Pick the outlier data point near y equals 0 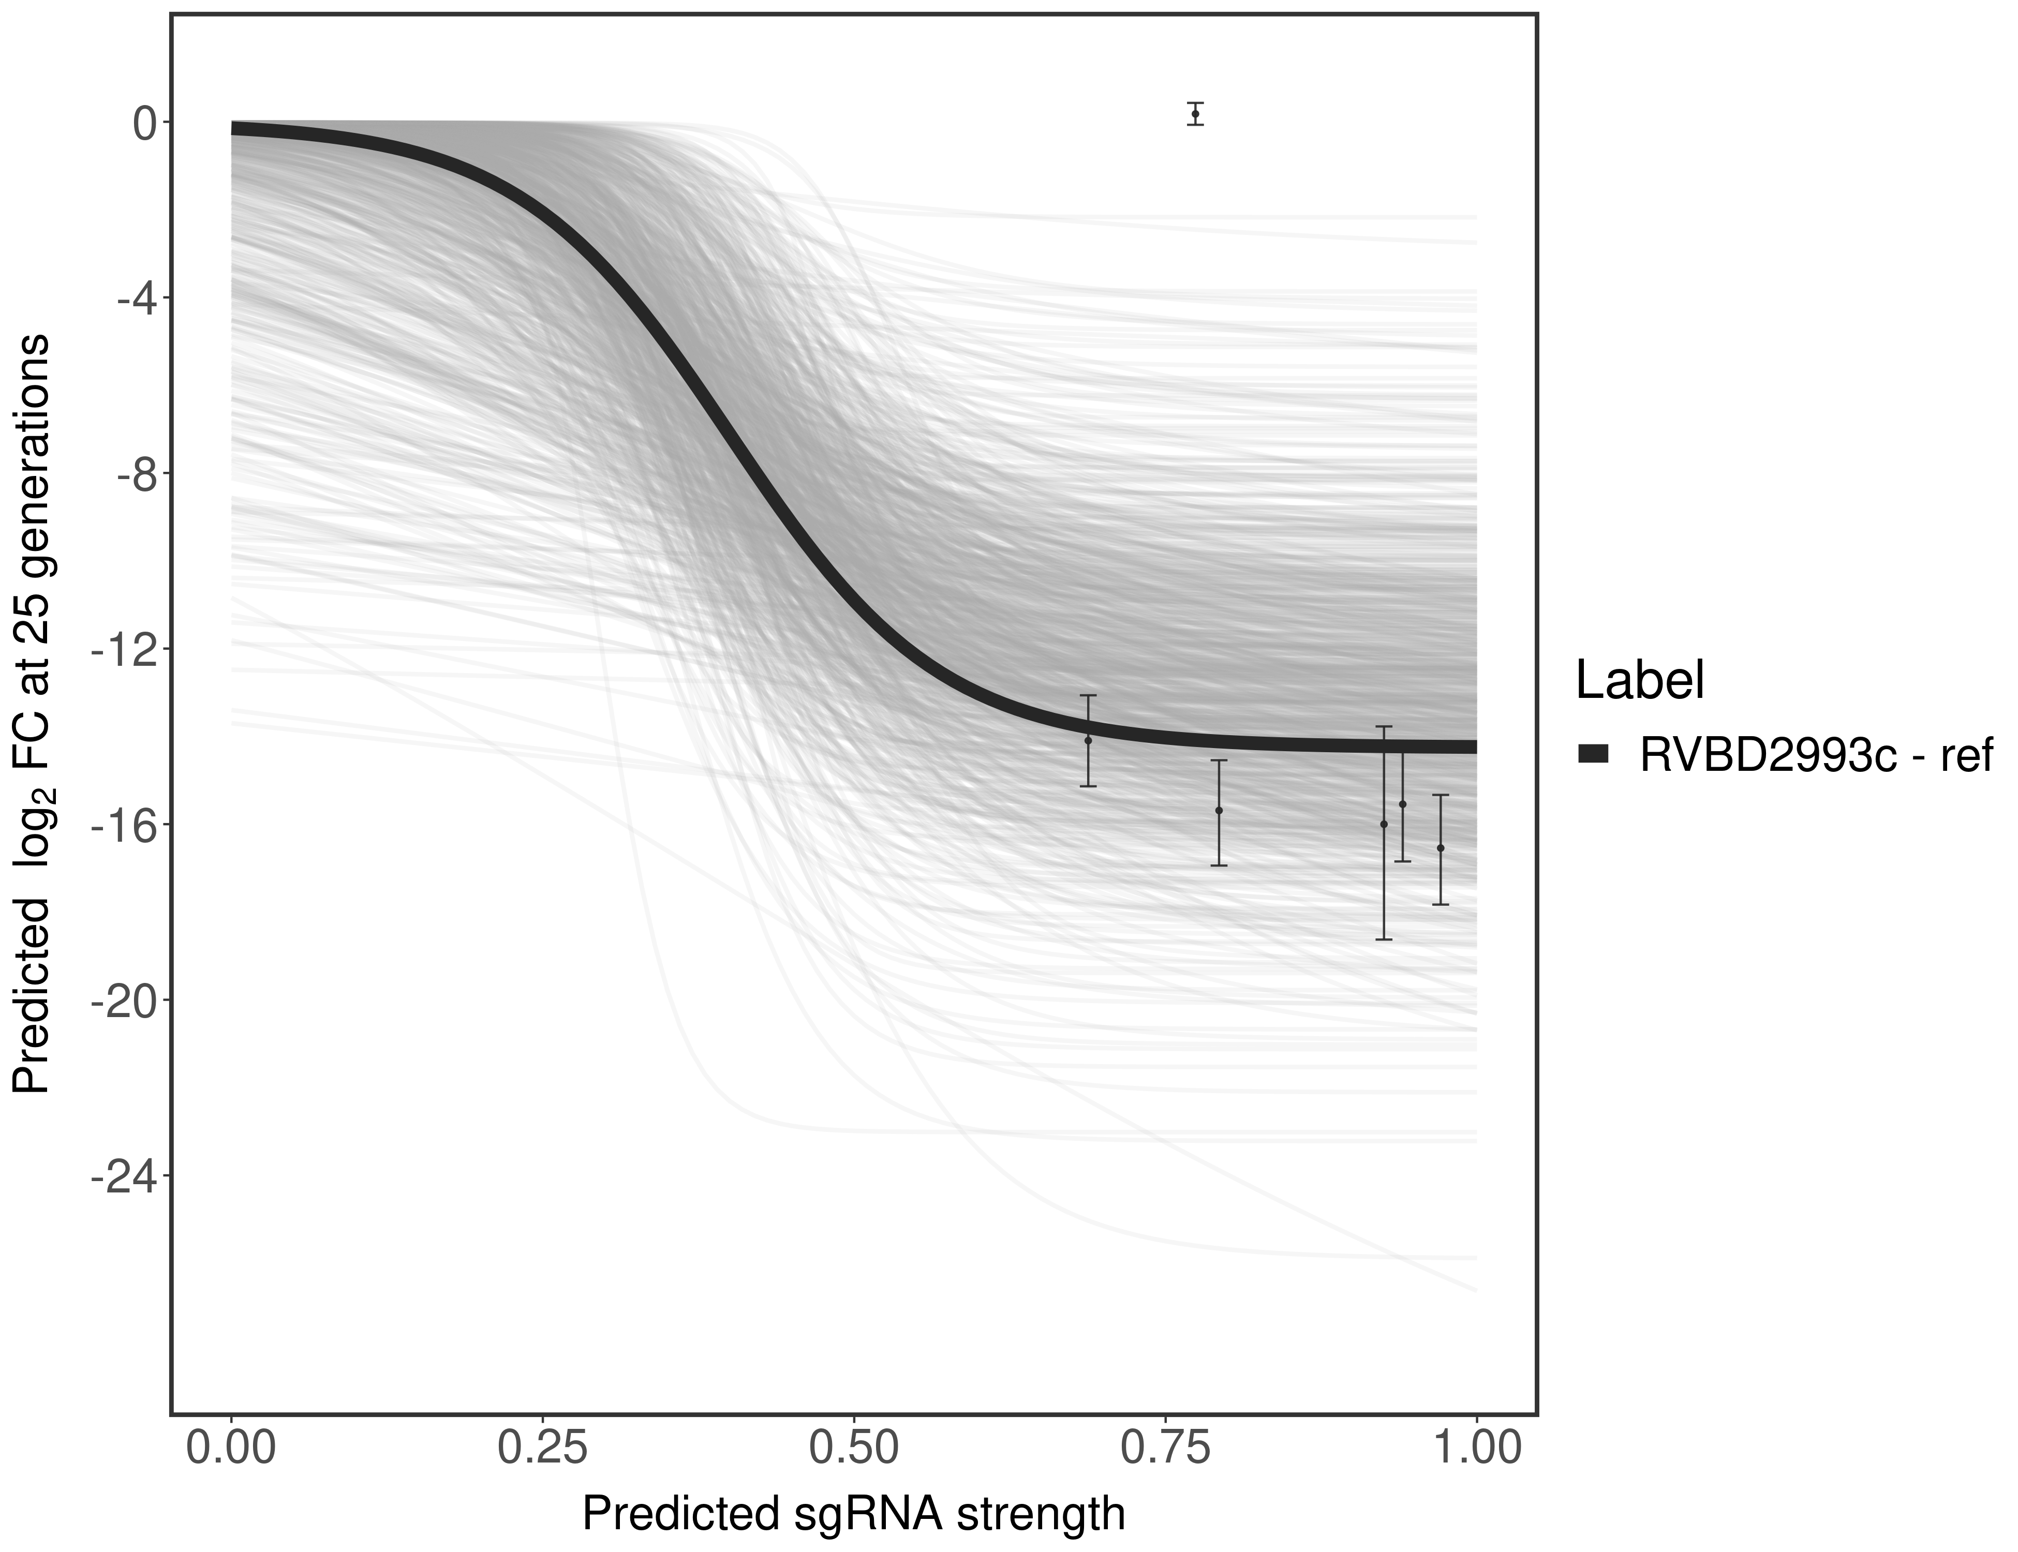click(1196, 114)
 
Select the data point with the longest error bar click(1383, 824)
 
